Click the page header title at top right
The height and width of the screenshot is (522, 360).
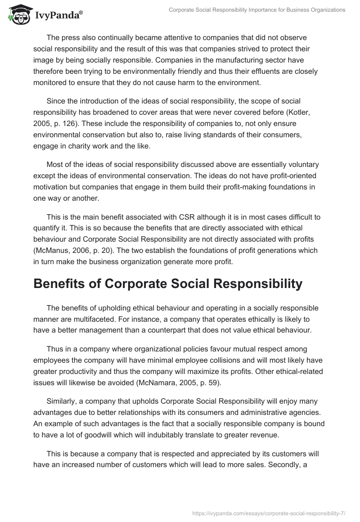tap(257, 10)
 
